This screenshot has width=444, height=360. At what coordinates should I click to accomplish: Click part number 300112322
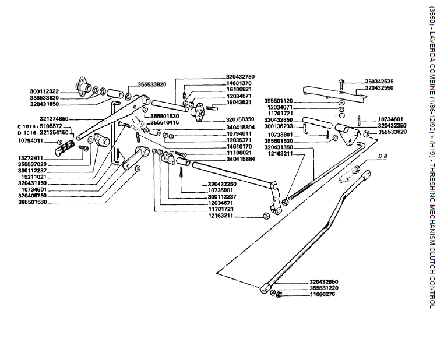coord(44,91)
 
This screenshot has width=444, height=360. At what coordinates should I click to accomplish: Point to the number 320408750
coord(32,196)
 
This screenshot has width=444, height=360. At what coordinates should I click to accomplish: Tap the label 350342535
coord(379,81)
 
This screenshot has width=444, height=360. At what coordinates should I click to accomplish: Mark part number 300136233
coord(279,126)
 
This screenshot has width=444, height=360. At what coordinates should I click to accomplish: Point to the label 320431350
coord(279,147)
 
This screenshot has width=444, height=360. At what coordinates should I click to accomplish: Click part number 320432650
coord(324,281)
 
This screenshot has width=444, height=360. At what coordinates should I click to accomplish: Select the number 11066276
coord(324,295)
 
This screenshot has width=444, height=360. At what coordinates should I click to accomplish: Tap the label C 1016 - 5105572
coord(36,126)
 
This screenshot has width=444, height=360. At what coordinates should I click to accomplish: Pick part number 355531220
coord(324,288)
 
